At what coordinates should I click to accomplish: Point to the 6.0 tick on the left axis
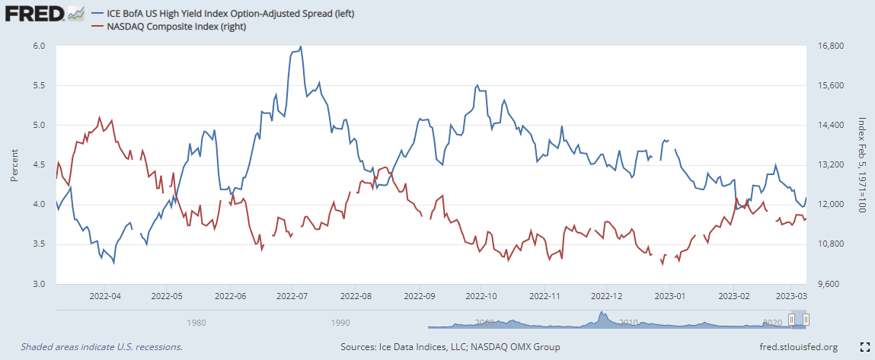[39, 46]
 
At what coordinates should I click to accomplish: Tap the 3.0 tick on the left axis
[39, 284]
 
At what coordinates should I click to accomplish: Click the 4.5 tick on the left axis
[39, 164]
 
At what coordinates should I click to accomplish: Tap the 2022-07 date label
[292, 294]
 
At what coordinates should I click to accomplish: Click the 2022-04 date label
[104, 294]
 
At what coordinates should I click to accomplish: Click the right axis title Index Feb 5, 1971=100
[862, 164]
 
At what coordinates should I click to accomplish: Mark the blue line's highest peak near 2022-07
[301, 46]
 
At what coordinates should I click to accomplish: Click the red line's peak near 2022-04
[100, 117]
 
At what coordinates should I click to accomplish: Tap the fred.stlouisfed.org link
[798, 347]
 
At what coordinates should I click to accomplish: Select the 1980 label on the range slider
[196, 322]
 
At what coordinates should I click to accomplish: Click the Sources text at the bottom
[450, 347]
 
